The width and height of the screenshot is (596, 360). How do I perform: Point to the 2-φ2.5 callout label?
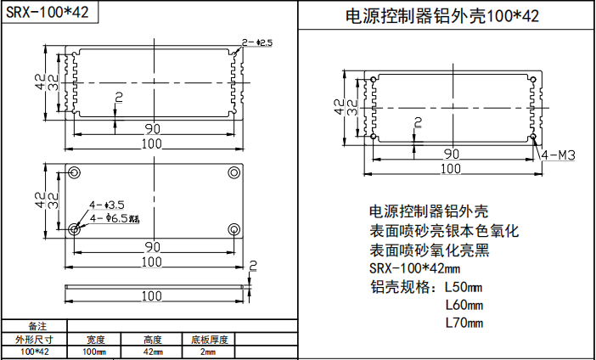(256, 42)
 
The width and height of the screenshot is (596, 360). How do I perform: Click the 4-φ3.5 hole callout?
(108, 205)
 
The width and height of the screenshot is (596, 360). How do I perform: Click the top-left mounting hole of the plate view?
(75, 173)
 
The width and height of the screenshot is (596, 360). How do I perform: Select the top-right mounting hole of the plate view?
(233, 173)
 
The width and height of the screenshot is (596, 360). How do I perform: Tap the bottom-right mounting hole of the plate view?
(233, 229)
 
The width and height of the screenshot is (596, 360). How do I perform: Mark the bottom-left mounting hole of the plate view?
(75, 229)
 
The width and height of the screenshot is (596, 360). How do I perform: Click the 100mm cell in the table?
(93, 352)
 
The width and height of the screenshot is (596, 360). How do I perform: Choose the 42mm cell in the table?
(153, 352)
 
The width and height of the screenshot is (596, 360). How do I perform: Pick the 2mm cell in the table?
(208, 352)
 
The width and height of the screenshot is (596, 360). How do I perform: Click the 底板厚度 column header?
(209, 340)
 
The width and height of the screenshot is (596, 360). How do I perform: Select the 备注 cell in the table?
(34, 327)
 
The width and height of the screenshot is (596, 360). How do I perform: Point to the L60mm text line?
(464, 305)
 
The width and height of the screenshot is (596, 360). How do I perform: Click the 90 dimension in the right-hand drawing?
(452, 154)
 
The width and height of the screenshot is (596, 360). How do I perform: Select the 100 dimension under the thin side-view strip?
(153, 296)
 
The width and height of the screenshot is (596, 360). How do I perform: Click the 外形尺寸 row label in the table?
(34, 340)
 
